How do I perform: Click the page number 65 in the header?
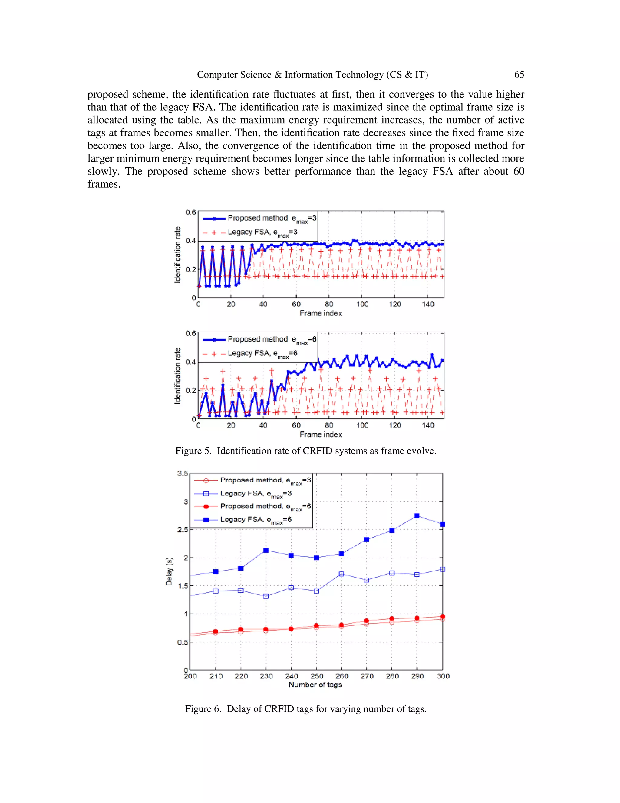pyautogui.click(x=519, y=75)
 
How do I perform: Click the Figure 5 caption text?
pyautogui.click(x=305, y=451)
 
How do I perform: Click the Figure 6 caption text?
pyautogui.click(x=305, y=709)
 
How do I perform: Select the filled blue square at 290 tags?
pyautogui.click(x=417, y=516)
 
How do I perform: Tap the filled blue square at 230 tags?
pyautogui.click(x=266, y=550)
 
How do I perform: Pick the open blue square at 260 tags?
pyautogui.click(x=341, y=574)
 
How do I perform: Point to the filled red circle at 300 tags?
pyautogui.click(x=443, y=617)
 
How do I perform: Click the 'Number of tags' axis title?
pyautogui.click(x=315, y=685)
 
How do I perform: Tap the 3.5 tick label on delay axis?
pyautogui.click(x=183, y=473)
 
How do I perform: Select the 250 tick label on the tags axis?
pyautogui.click(x=316, y=676)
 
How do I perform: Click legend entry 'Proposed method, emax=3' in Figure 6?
pyautogui.click(x=265, y=480)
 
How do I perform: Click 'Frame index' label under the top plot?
pyautogui.click(x=320, y=313)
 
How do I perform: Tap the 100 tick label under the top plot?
pyautogui.click(x=362, y=305)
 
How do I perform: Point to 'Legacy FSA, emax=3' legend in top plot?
pyautogui.click(x=262, y=232)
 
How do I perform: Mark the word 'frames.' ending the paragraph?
pyautogui.click(x=104, y=184)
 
